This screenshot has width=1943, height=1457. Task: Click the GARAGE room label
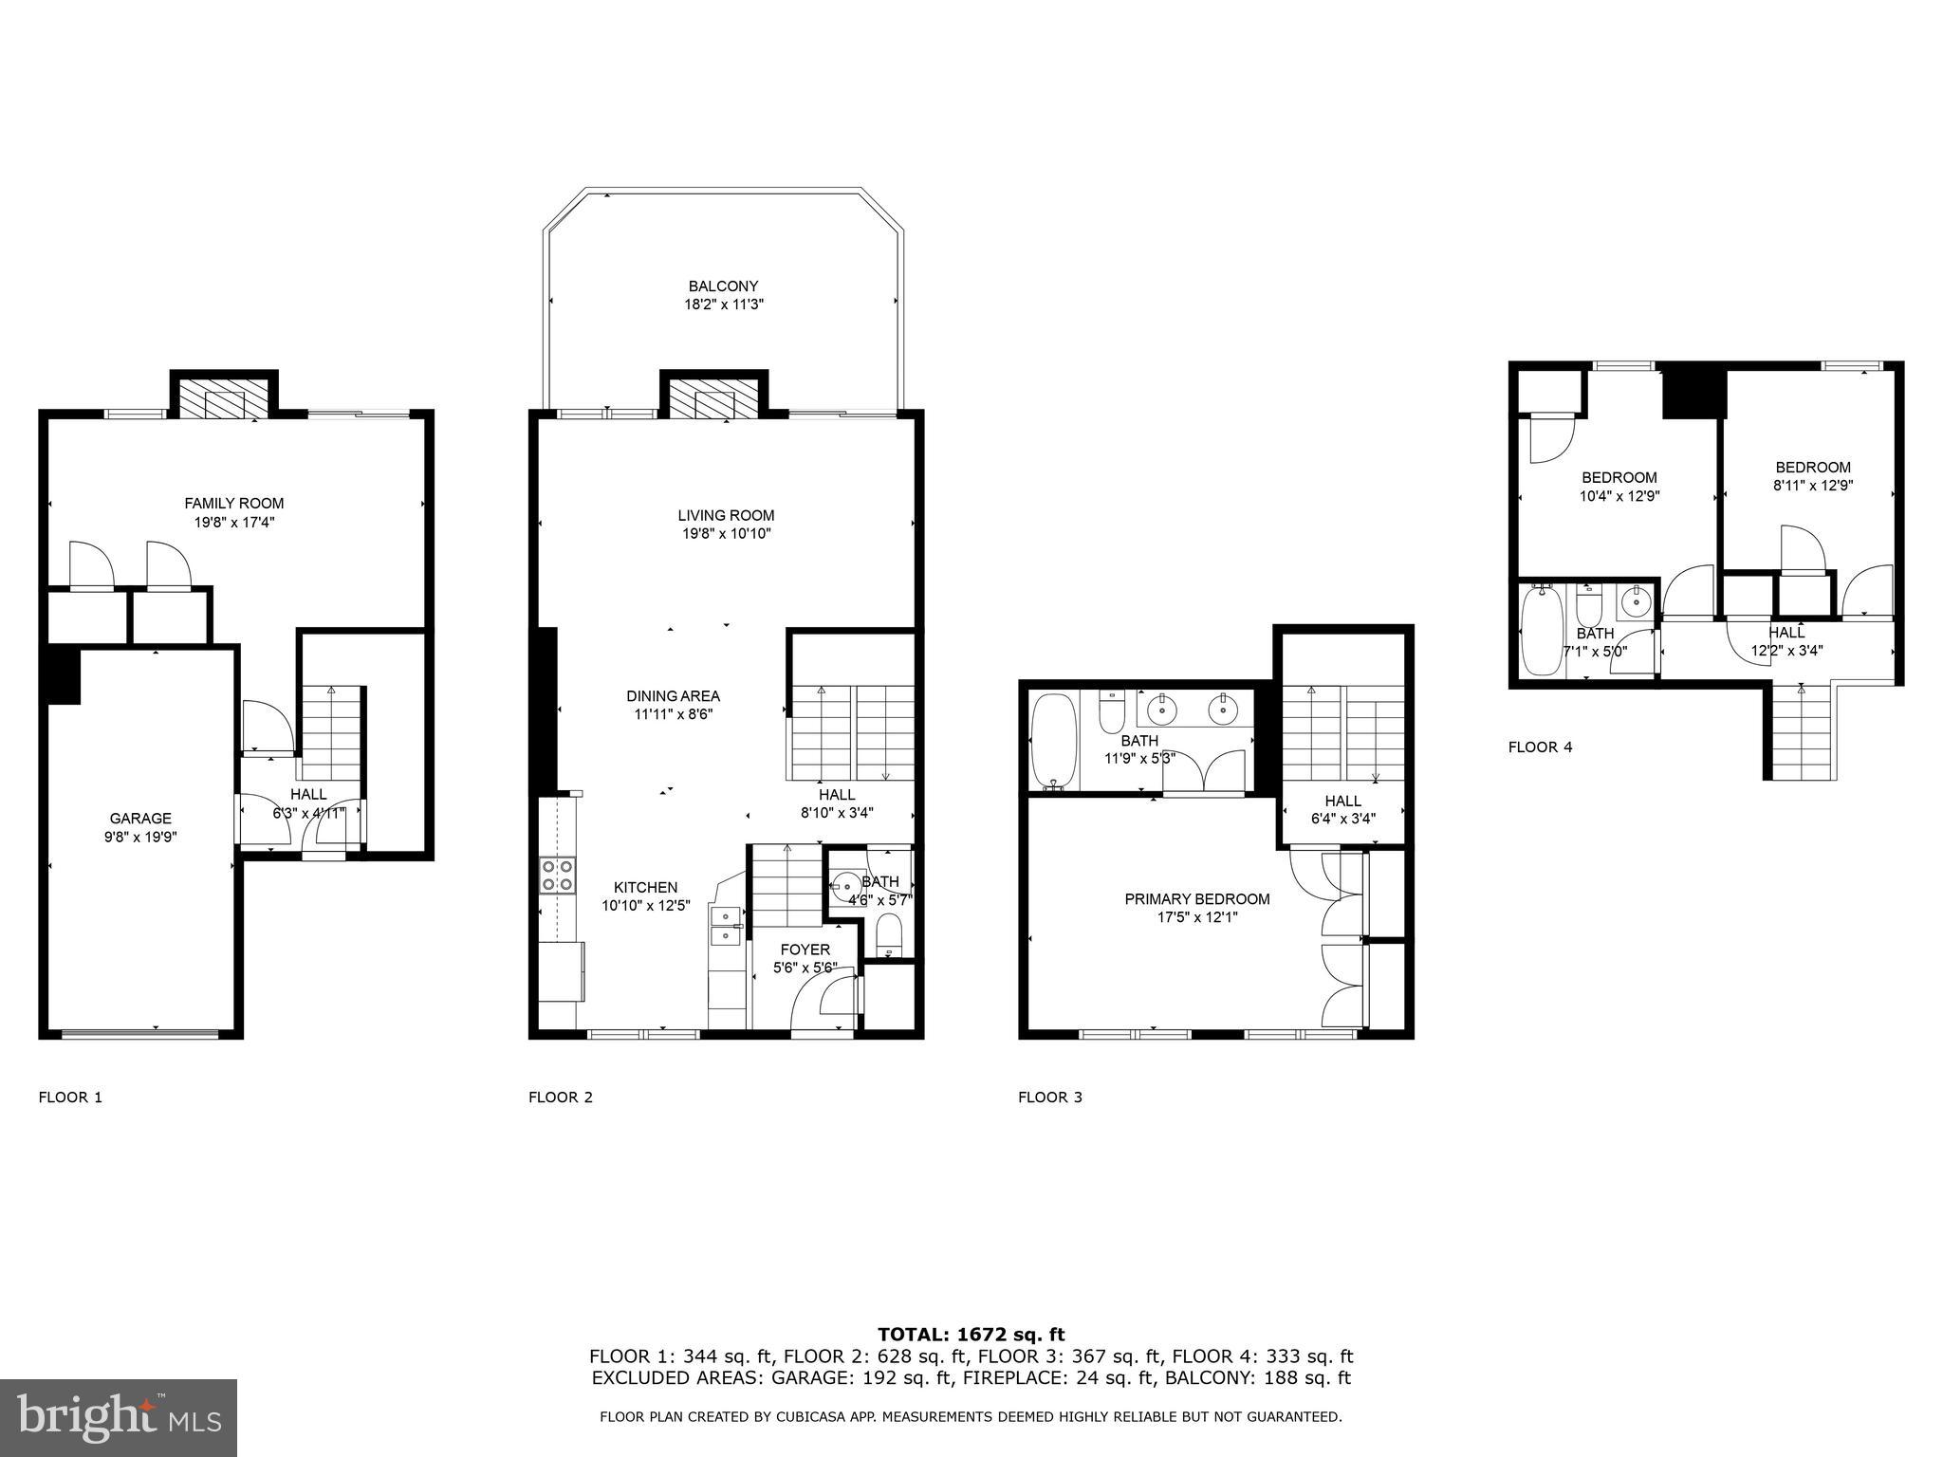[140, 819]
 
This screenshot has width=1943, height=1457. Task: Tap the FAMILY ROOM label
[233, 504]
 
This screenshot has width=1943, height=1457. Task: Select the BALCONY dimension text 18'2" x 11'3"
[724, 304]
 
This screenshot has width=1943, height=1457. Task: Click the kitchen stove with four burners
[557, 875]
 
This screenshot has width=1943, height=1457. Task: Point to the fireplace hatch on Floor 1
[224, 399]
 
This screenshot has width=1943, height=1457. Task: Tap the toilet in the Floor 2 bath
[889, 934]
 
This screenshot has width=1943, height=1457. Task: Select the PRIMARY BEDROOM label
[1196, 899]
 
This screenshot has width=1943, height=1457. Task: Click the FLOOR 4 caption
[1540, 747]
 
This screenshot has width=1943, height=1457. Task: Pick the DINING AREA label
[673, 696]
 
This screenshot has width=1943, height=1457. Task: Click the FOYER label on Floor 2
[805, 950]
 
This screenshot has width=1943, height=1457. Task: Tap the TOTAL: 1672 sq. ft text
[971, 1335]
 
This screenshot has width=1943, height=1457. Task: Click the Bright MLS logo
[119, 1418]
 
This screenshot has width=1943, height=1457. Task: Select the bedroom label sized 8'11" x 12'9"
[1812, 485]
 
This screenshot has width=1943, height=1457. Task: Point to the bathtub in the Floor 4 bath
[1542, 631]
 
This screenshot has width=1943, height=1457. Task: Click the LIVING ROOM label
[725, 516]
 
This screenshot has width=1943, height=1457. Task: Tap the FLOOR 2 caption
[560, 1097]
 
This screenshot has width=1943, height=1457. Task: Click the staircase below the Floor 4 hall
[1801, 735]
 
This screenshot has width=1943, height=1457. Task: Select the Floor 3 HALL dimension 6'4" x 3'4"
[1342, 818]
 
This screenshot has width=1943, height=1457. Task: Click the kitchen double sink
[726, 926]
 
